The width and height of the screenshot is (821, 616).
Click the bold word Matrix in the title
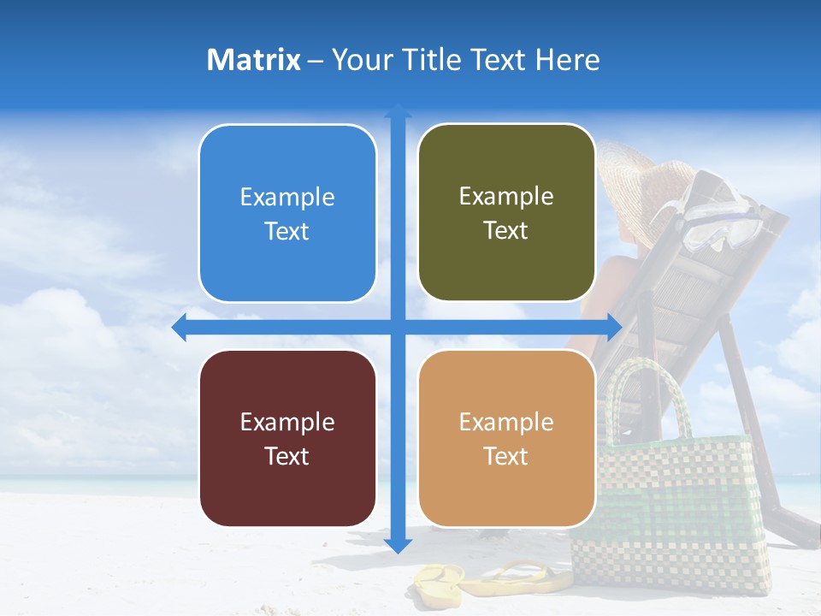pyautogui.click(x=253, y=60)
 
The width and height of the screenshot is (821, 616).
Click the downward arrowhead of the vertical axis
pyautogui.click(x=398, y=545)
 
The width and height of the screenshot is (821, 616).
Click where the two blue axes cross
pyautogui.click(x=398, y=327)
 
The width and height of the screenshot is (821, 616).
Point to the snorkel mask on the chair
pyautogui.click(x=718, y=210)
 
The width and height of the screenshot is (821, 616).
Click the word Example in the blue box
pyautogui.click(x=287, y=197)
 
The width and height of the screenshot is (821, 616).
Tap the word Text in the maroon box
pyautogui.click(x=287, y=456)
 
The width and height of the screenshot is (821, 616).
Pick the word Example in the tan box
pyautogui.click(x=506, y=422)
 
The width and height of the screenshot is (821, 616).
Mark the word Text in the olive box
pyautogui.click(x=506, y=230)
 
